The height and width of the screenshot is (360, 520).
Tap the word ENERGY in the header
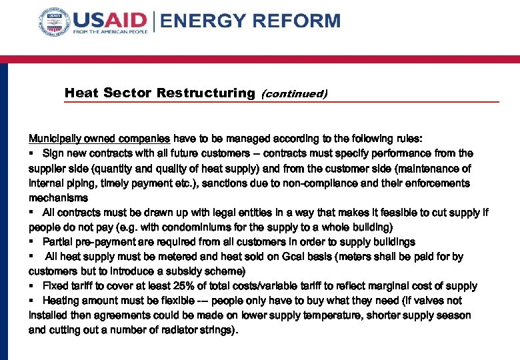point(201,21)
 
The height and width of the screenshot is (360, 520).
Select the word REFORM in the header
point(294,21)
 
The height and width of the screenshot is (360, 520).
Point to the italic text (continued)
point(294,93)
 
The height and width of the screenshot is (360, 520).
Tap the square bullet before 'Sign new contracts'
point(31,153)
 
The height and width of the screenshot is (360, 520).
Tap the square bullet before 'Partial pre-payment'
point(31,242)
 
